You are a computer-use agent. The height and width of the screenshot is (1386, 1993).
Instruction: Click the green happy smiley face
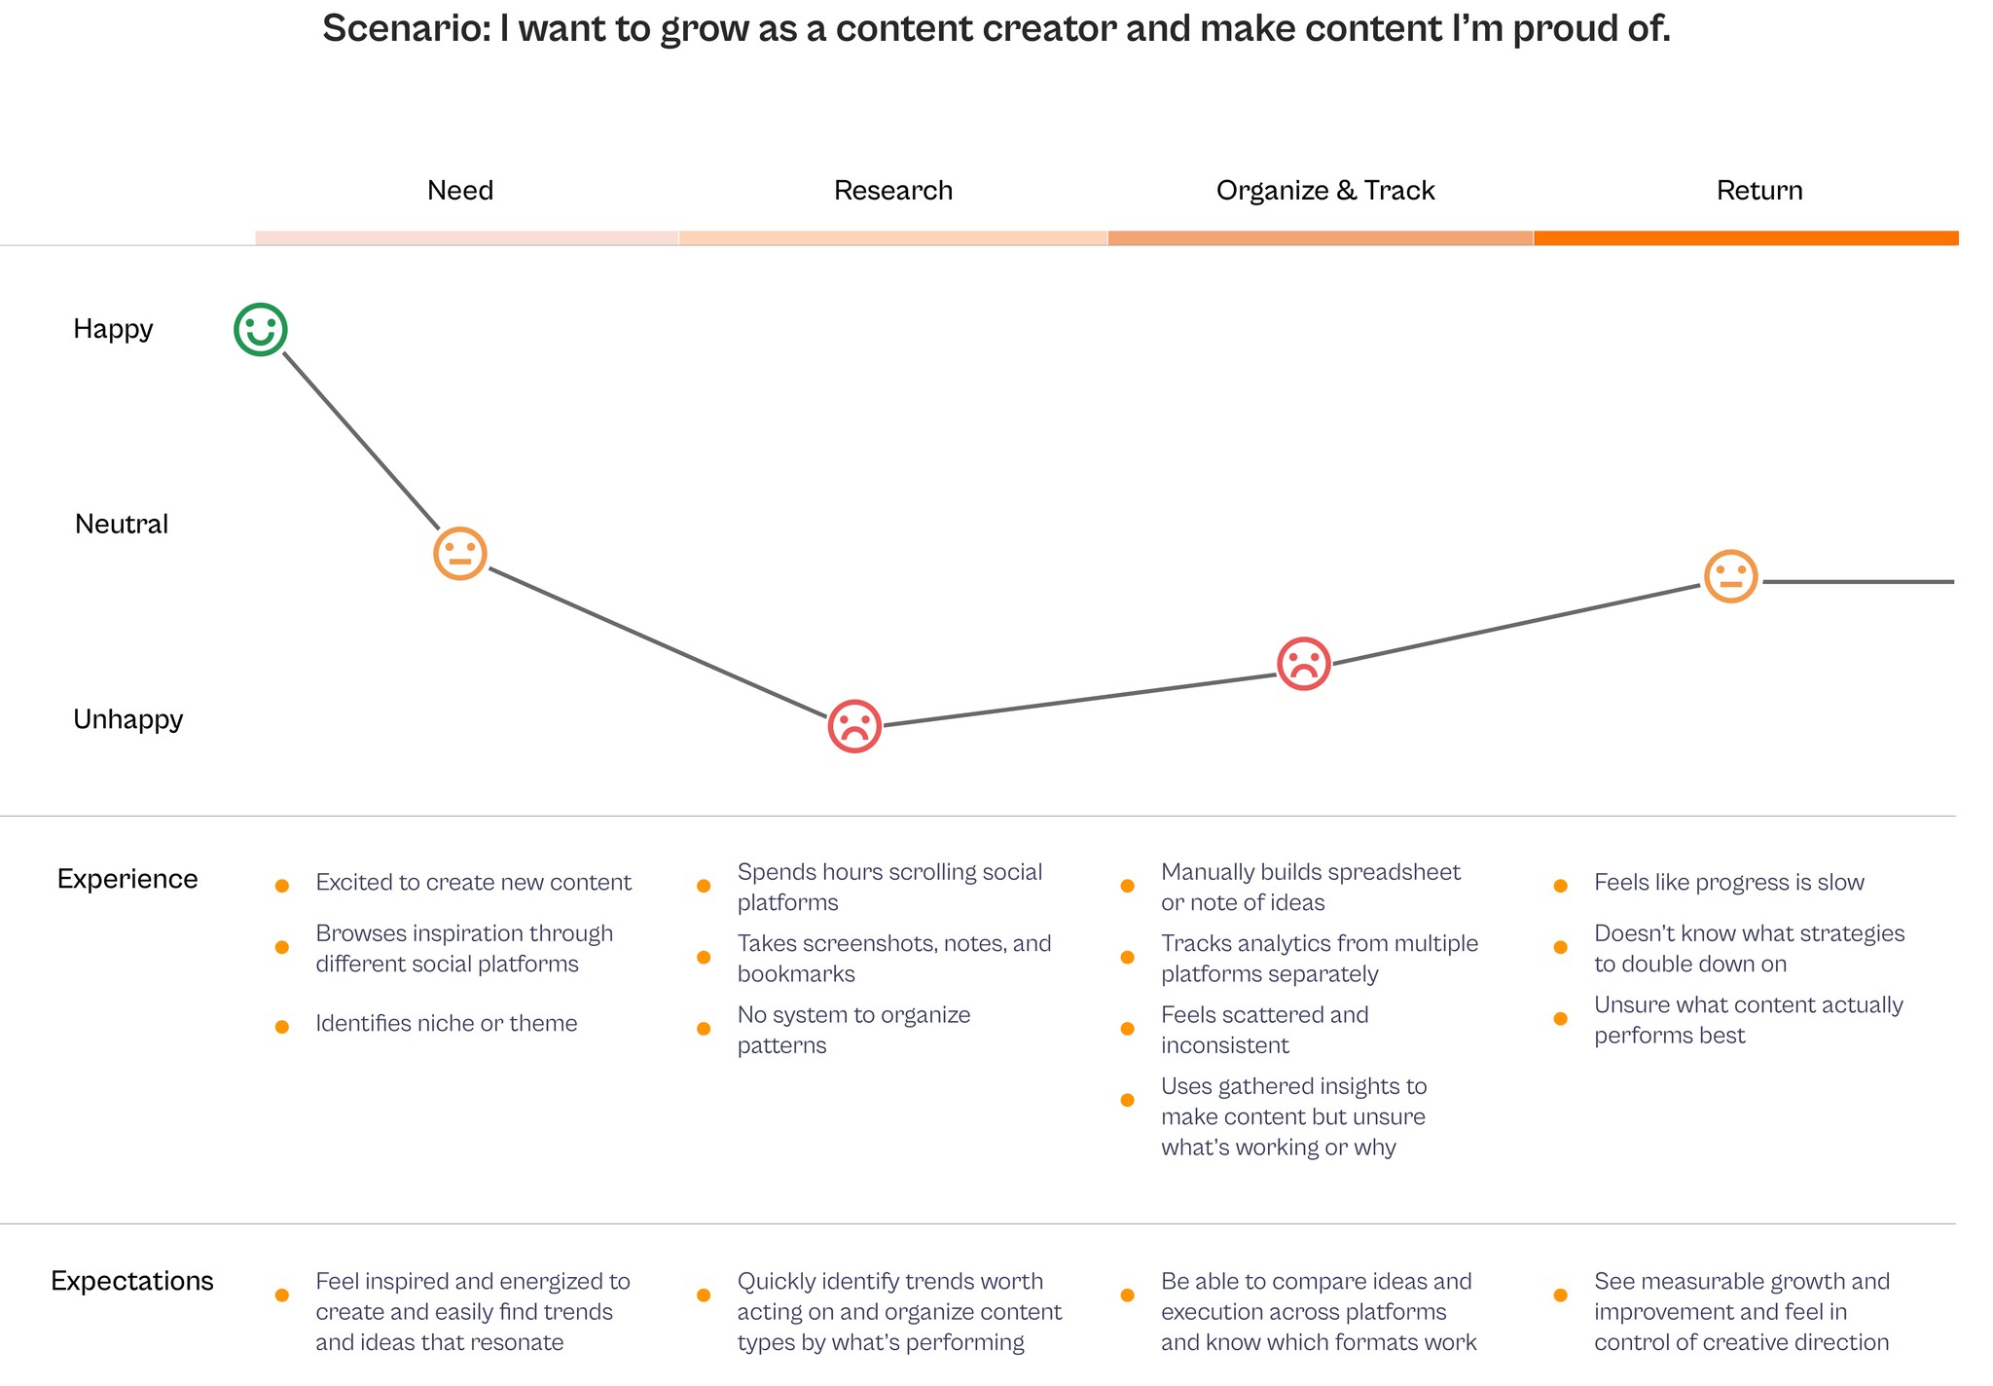tap(260, 329)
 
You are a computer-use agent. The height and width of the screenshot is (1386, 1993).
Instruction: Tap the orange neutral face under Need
tap(459, 554)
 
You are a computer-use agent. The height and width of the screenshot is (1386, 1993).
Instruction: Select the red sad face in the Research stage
tap(854, 726)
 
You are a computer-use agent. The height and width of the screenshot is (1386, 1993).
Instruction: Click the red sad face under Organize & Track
tap(1303, 664)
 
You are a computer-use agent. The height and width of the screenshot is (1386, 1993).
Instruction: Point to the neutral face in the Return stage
tap(1730, 576)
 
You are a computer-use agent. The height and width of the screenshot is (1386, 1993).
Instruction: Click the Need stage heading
tap(460, 190)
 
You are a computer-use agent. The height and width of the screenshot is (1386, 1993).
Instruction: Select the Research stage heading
tap(893, 190)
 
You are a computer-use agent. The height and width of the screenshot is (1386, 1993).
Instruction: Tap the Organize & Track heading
tap(1325, 190)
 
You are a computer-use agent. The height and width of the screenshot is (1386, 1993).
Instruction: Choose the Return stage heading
tap(1759, 190)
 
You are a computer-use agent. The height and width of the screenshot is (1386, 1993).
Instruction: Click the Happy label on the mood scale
tap(113, 329)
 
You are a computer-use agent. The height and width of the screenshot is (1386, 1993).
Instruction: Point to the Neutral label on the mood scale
tap(122, 525)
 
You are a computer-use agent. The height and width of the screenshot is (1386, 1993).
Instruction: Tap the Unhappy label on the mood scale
tap(128, 719)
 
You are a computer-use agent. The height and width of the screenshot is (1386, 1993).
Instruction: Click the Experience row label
tap(127, 879)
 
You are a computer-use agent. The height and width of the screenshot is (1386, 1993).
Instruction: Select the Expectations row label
tap(132, 1281)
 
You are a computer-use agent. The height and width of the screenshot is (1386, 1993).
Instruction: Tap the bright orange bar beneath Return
tap(1746, 237)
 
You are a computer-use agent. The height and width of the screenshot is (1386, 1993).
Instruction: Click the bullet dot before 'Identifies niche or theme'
tap(282, 1027)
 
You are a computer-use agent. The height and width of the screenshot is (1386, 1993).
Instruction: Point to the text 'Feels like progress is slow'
tap(1729, 883)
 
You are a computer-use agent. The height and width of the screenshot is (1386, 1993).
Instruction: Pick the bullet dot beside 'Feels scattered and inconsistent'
tap(1128, 1029)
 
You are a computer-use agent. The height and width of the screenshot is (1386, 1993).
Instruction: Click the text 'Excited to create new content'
tap(473, 883)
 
